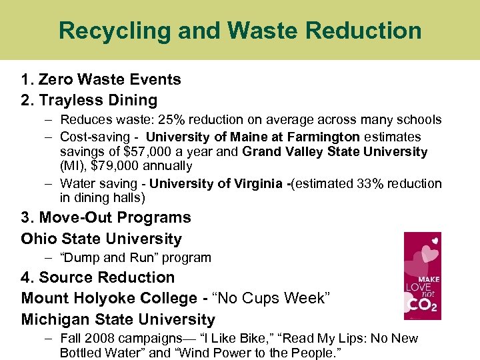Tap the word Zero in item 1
coord(55,79)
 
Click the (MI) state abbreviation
coord(73,166)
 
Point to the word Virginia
coord(257,183)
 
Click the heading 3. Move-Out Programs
coord(106,218)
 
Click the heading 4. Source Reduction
coord(98,277)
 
